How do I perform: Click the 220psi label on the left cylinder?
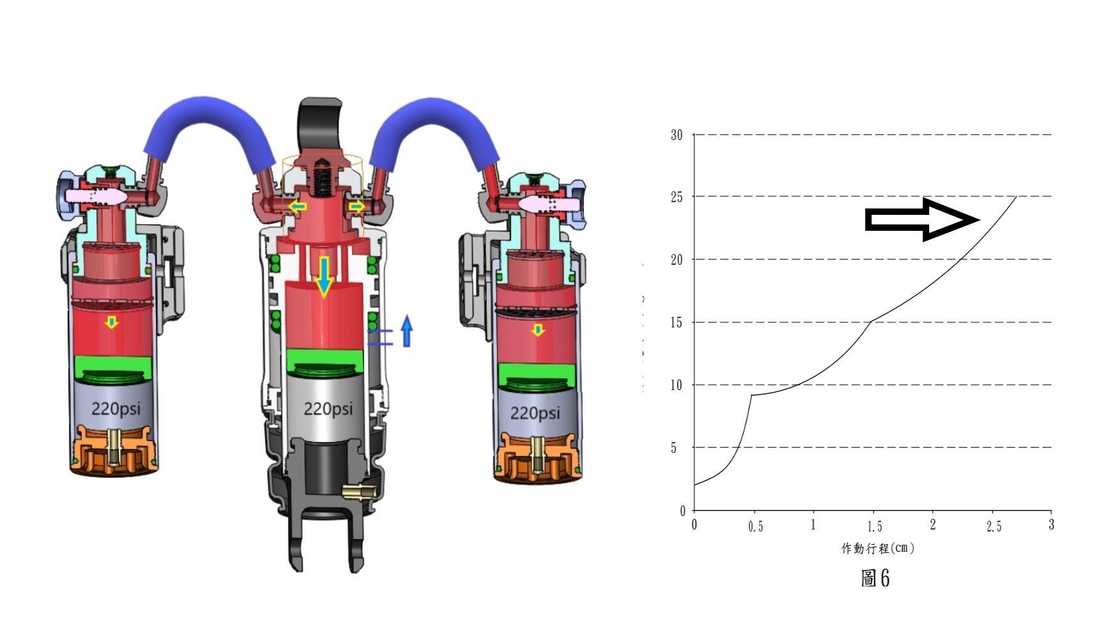point(116,408)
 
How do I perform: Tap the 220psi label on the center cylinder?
point(328,408)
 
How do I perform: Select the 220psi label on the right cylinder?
point(535,413)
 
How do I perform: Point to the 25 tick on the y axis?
point(677,197)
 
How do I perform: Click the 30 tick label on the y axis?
point(677,135)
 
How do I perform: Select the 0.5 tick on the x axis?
point(755,526)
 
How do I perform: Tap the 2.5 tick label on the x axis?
point(994,526)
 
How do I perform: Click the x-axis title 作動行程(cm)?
point(877,548)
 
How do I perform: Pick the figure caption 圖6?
point(875,578)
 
